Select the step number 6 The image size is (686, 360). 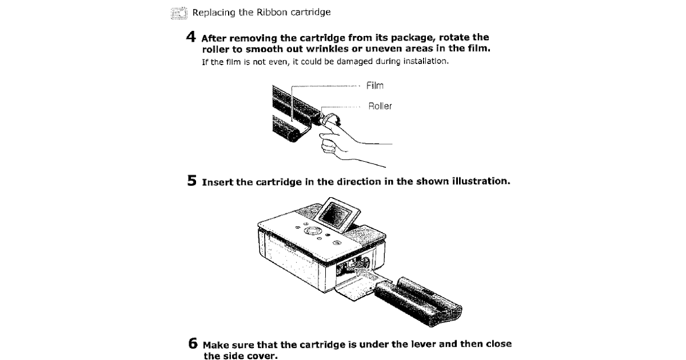(x=193, y=345)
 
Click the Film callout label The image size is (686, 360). (x=375, y=86)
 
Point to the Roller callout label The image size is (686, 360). (x=380, y=106)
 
